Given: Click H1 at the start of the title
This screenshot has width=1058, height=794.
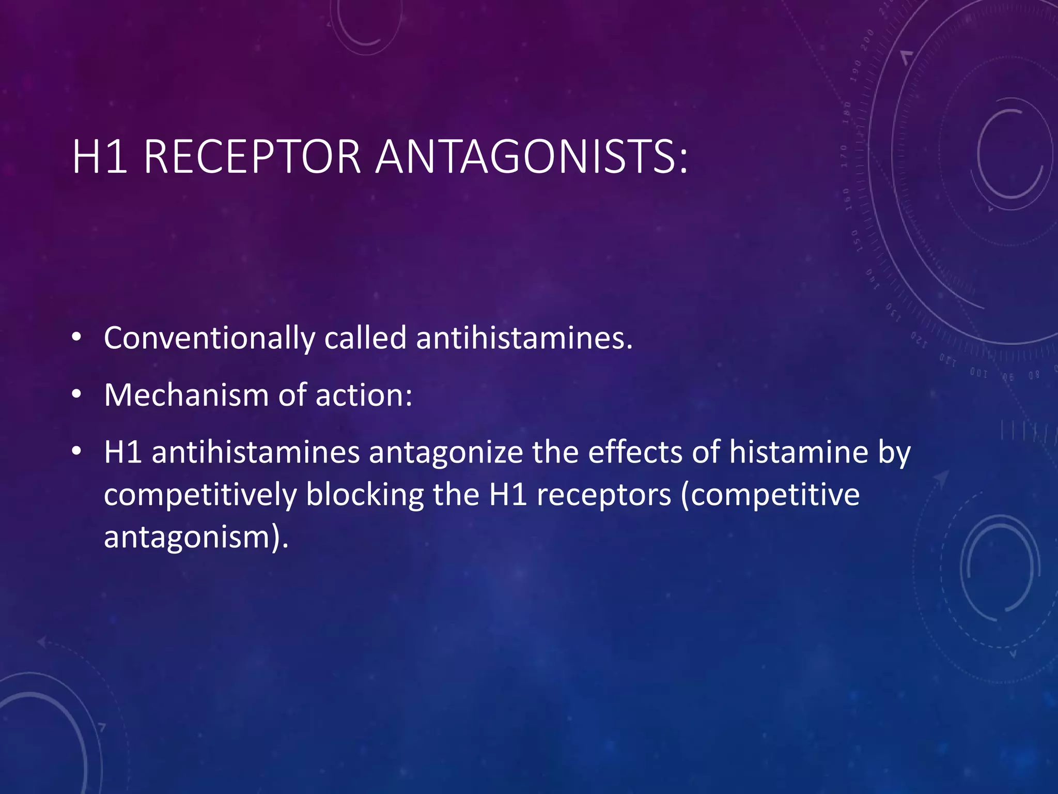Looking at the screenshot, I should pyautogui.click(x=99, y=157).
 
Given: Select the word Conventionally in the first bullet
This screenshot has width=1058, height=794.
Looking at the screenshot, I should pyautogui.click(x=209, y=339).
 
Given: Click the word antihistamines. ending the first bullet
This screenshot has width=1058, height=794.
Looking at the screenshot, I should pyautogui.click(x=524, y=339).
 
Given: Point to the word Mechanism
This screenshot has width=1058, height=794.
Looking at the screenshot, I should pyautogui.click(x=186, y=395).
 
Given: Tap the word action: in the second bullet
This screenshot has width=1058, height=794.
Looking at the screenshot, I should pyautogui.click(x=364, y=395).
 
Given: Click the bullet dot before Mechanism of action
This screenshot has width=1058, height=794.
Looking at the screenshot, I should pyautogui.click(x=76, y=395).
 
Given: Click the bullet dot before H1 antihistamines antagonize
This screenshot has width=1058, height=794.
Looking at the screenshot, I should pyautogui.click(x=76, y=452).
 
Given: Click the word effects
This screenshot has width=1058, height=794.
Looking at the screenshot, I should pyautogui.click(x=635, y=453).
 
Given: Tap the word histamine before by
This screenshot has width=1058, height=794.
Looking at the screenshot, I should pyautogui.click(x=799, y=453).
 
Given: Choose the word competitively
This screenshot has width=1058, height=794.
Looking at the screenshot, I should pyautogui.click(x=200, y=495).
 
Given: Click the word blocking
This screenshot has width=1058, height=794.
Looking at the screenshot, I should pyautogui.click(x=365, y=495).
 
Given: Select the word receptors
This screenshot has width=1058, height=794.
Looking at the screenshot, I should pyautogui.click(x=604, y=495).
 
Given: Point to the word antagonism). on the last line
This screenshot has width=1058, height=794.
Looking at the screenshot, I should pyautogui.click(x=196, y=538).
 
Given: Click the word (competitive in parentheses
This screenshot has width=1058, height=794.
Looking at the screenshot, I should pyautogui.click(x=770, y=495).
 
